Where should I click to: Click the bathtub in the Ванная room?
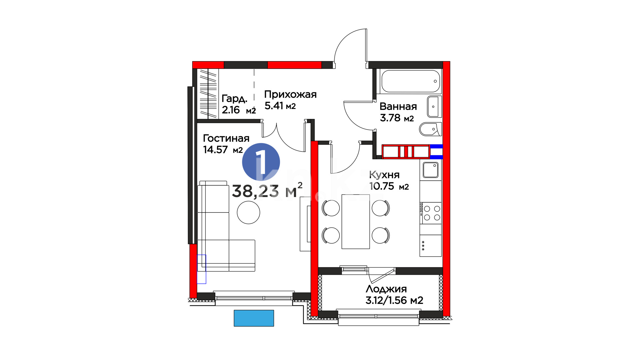click(411, 81)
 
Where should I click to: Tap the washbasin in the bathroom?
click(434, 107)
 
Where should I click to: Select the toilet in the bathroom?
click(430, 129)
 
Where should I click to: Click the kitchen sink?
click(431, 170)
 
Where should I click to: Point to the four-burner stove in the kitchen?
click(431, 213)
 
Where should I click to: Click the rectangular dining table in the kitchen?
click(356, 222)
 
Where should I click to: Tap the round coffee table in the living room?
click(248, 212)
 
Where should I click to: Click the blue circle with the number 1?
click(261, 162)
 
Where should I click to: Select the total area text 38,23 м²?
click(267, 191)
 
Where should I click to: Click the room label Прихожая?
click(290, 94)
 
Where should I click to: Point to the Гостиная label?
click(226, 138)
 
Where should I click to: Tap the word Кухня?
click(384, 175)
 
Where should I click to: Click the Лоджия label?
click(386, 289)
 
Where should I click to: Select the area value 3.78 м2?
click(397, 118)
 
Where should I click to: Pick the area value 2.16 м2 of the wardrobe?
click(239, 110)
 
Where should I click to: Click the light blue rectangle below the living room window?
click(254, 318)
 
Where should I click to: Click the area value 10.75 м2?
click(389, 186)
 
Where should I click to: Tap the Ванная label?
click(398, 107)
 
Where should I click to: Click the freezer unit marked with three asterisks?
click(431, 246)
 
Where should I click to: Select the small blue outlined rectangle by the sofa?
click(201, 269)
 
